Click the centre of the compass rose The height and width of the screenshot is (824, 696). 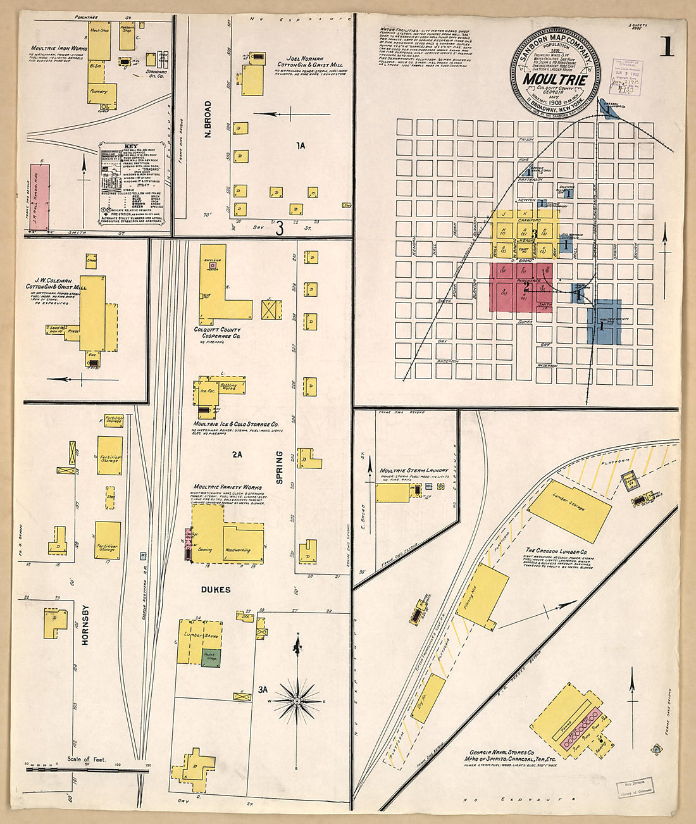(x=296, y=701)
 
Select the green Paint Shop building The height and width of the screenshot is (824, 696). (x=211, y=658)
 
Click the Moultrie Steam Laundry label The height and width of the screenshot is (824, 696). (x=414, y=471)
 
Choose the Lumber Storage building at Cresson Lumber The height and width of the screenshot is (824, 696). (x=569, y=506)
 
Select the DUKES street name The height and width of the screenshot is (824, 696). (x=216, y=590)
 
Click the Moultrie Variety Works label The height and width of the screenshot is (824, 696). (x=227, y=488)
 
